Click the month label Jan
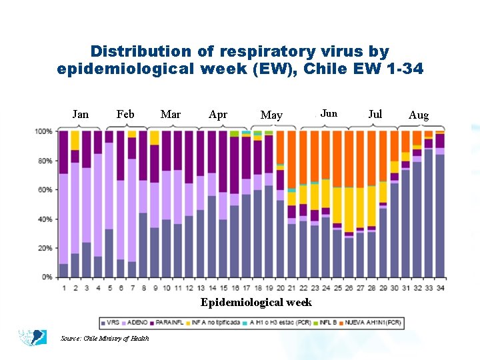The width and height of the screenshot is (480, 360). coord(80,114)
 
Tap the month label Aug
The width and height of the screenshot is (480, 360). coord(419,115)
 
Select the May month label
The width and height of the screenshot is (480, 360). coord(271,115)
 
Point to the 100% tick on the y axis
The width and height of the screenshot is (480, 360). coord(44,131)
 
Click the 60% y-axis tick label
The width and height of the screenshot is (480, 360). coord(45,190)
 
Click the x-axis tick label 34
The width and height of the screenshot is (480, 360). coord(439,288)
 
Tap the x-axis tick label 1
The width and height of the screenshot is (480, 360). coord(64,288)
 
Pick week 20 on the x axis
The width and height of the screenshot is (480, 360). coord(280,288)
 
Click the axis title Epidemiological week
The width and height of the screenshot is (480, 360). coord(256,303)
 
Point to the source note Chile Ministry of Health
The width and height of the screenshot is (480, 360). coord(104,339)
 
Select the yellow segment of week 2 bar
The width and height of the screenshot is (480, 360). coord(75,140)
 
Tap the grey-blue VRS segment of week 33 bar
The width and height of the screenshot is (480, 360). coord(428,213)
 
